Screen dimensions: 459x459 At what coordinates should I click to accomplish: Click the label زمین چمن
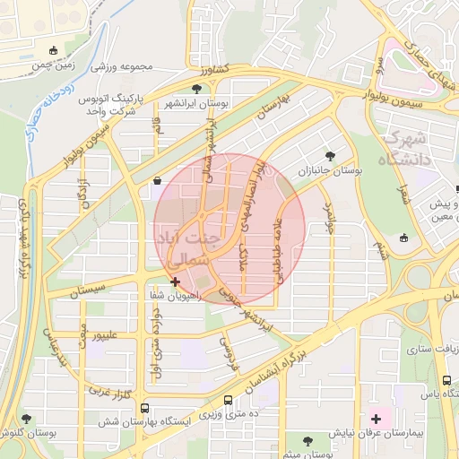53,66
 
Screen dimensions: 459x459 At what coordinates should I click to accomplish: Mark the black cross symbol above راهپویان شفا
175,281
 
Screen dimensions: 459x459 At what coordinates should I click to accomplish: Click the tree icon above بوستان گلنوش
27,418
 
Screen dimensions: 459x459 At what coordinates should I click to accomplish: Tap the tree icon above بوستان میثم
307,440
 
